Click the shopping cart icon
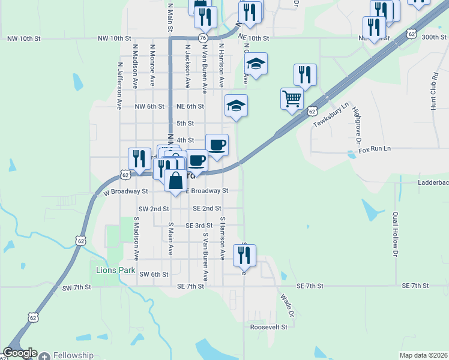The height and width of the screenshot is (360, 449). tap(292, 98)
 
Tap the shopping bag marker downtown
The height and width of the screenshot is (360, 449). tap(175, 181)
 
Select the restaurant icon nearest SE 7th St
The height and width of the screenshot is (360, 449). tap(244, 255)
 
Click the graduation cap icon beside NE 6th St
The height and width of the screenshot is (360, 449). tap(236, 106)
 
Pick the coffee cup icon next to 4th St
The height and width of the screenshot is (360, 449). tap(217, 145)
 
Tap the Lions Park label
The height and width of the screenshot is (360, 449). tap(116, 270)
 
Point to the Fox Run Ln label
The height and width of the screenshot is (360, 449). tap(375, 148)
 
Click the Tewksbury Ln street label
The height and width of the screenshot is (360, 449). tap(331, 115)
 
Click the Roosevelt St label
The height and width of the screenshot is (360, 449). tap(269, 328)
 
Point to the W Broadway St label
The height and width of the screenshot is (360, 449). tap(125, 191)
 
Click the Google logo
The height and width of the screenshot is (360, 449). tap(20, 353)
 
